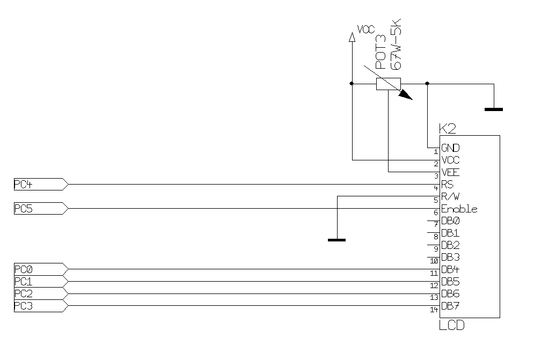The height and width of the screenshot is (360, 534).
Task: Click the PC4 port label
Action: pos(23,185)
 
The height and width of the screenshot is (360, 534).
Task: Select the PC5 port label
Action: pos(23,209)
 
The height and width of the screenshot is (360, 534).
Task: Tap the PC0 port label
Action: pos(23,269)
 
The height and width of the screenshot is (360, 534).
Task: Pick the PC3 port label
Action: pos(23,306)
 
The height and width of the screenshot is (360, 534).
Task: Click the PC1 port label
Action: pos(23,281)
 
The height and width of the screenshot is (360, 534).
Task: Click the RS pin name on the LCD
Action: pos(447,185)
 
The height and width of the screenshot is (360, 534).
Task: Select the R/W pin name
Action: pos(450,196)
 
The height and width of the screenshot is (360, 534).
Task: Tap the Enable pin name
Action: pos(459,209)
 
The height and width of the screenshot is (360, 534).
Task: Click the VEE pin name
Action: pos(450,172)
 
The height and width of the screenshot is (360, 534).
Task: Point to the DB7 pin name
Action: pos(450,306)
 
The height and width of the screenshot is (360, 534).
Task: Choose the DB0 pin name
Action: pos(450,221)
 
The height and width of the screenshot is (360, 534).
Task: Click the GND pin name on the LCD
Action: pos(450,148)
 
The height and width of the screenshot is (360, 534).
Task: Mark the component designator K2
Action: pos(447,129)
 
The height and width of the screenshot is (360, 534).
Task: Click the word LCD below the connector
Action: pos(451,325)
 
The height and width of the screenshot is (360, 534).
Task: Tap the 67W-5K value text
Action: pos(396,44)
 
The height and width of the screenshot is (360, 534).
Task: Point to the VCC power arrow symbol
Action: pos(352,36)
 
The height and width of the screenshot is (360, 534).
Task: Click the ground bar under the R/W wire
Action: pos(337,239)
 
